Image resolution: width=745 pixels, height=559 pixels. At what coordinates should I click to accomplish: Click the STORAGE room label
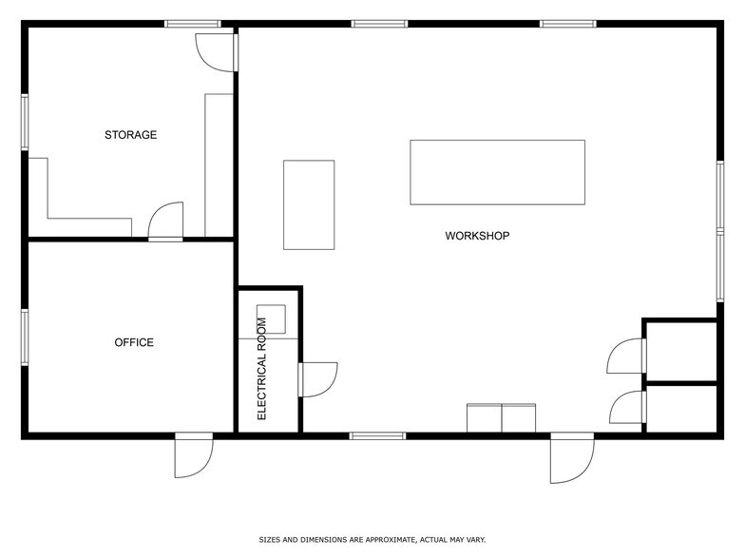click(x=130, y=135)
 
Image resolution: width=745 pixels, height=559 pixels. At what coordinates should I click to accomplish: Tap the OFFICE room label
click(x=134, y=342)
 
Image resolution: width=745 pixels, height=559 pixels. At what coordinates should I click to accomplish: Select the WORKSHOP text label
click(x=478, y=236)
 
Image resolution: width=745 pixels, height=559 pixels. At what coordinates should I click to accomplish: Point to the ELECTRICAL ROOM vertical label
click(x=262, y=369)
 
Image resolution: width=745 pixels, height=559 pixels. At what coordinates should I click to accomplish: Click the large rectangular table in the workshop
click(x=497, y=172)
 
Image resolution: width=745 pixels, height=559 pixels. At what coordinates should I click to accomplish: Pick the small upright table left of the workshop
click(x=309, y=204)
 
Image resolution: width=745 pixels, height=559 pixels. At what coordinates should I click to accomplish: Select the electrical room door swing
click(x=317, y=378)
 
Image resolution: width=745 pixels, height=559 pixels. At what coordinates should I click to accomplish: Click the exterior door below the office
click(x=193, y=455)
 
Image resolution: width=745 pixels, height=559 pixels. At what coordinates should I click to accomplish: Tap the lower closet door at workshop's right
click(x=626, y=407)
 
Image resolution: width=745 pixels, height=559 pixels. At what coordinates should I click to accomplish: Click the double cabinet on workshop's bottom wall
click(x=502, y=418)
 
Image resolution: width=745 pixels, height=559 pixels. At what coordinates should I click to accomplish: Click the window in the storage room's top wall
click(x=193, y=24)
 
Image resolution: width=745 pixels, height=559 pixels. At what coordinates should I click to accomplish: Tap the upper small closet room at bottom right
click(x=680, y=351)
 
